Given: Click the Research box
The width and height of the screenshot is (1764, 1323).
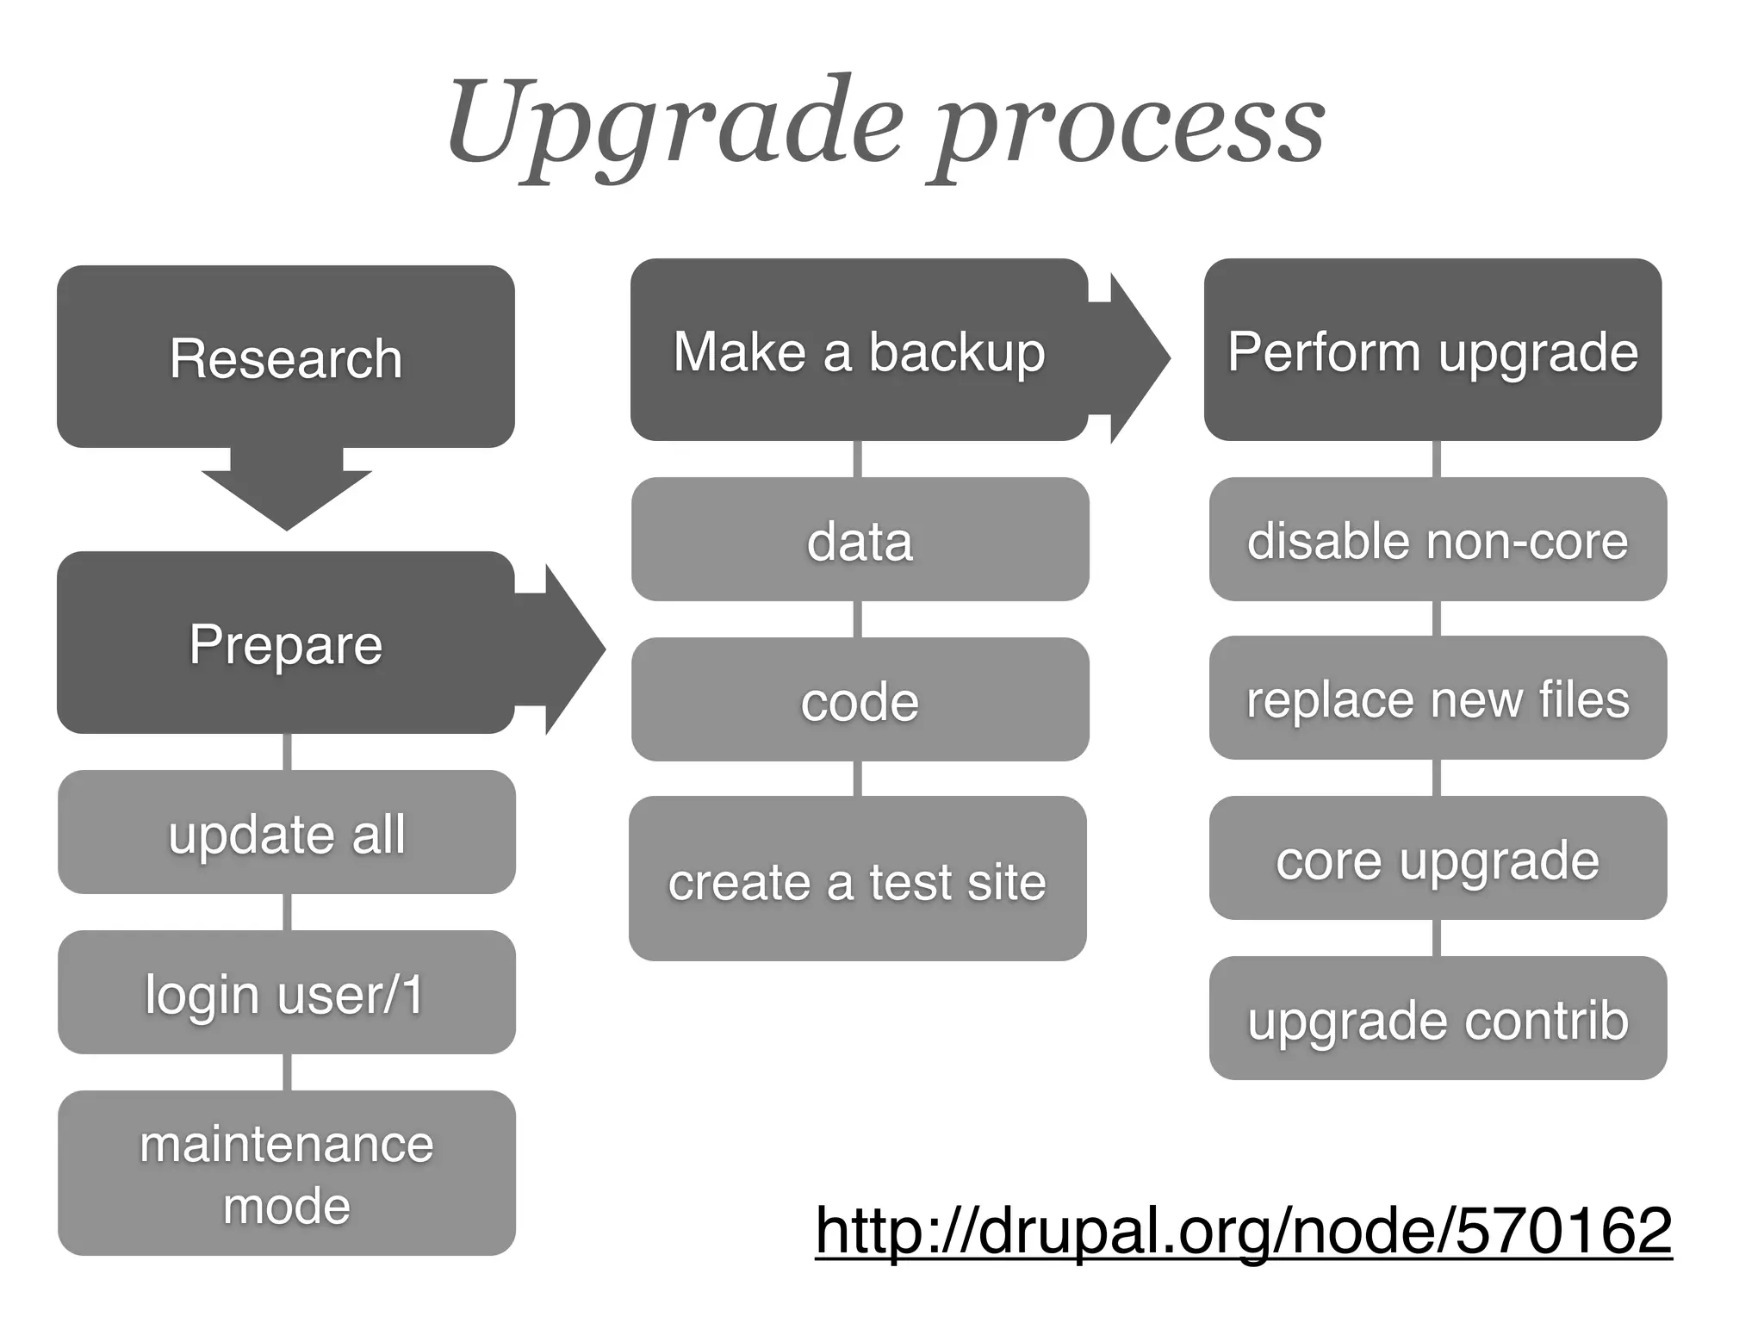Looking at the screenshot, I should (x=286, y=357).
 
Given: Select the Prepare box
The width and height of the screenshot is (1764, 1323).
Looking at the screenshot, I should (x=286, y=643).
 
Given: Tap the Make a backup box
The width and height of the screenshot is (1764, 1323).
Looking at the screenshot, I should (x=859, y=351).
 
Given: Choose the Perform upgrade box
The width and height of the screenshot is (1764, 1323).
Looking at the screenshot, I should (x=1432, y=351).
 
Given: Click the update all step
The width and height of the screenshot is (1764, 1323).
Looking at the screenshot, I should (x=286, y=832).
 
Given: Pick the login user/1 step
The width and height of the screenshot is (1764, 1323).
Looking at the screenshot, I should (x=286, y=992).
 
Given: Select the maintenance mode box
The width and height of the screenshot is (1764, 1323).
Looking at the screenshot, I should (x=286, y=1173).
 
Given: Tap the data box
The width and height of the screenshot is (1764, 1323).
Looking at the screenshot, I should (x=860, y=539).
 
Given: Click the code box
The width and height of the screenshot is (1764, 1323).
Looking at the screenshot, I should (x=860, y=699).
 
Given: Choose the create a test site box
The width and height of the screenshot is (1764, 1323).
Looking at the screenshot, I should (x=858, y=879).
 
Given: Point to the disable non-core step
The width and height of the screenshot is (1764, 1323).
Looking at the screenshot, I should (x=1438, y=539).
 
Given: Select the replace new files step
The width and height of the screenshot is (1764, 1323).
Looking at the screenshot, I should (x=1438, y=698).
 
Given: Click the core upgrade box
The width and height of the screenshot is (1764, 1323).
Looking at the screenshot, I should (x=1438, y=858).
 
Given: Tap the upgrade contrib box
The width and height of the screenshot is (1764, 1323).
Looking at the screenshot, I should (x=1438, y=1018).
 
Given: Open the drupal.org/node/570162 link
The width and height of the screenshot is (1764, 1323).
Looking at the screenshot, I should (x=1243, y=1230).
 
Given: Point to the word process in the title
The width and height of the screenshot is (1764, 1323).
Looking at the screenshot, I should (x=1128, y=129).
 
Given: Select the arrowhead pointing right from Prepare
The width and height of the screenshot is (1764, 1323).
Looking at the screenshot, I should (x=568, y=649).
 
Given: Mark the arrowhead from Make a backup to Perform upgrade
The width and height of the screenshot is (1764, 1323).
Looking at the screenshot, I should (x=1135, y=357).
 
